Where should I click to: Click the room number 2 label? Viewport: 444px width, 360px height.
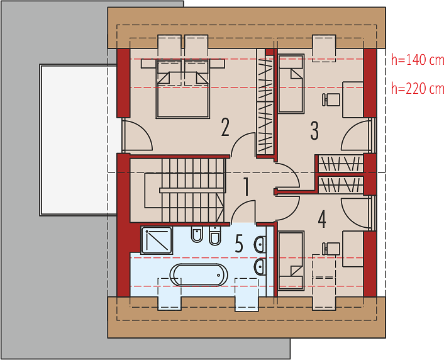(x=225, y=127)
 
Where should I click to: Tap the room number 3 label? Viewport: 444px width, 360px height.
(x=314, y=131)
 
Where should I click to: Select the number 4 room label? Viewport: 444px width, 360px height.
(x=322, y=219)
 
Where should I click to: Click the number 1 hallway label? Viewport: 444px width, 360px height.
(x=247, y=186)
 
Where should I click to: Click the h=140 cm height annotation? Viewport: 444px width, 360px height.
(x=418, y=60)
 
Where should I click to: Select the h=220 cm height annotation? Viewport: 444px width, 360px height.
(x=418, y=89)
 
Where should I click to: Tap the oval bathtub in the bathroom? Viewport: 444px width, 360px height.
(x=199, y=275)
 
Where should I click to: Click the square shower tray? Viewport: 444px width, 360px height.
(x=157, y=240)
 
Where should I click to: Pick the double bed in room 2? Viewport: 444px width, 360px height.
(x=182, y=89)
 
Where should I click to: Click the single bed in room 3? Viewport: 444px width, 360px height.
(x=291, y=84)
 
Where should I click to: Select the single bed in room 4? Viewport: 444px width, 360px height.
(x=291, y=261)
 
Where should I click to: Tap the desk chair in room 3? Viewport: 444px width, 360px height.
(x=331, y=100)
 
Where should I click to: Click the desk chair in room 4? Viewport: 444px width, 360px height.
(x=331, y=249)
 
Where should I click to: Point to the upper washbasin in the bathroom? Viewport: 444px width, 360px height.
(x=260, y=244)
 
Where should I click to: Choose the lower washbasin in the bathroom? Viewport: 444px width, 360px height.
(x=260, y=266)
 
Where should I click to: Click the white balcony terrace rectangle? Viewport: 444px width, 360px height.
(x=78, y=140)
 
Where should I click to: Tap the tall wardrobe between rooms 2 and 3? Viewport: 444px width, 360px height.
(x=265, y=103)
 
